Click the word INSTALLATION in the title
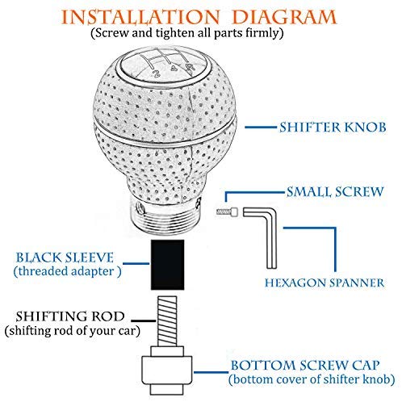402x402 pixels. pos(140,17)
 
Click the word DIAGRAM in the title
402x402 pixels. pos(284,17)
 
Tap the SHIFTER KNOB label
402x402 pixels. pos(333,128)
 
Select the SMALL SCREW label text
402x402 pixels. pos(335,192)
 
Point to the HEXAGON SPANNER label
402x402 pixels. pos(325,283)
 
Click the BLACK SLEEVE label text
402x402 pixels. pos(65,258)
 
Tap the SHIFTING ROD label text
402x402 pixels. pos(70,316)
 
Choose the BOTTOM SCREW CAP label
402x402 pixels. pos(305,366)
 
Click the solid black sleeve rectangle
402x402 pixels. pos(168,265)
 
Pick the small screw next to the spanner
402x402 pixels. pos(228,211)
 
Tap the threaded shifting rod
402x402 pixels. pos(167,321)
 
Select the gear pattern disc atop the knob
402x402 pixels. pos(167,64)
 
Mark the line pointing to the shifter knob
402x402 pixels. pos(261,127)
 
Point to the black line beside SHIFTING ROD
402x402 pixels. pos(144,320)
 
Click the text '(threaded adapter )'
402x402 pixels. pos(68,271)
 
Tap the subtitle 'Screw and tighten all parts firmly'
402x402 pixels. pos(187,33)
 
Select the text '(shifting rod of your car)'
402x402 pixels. pos(73,331)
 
